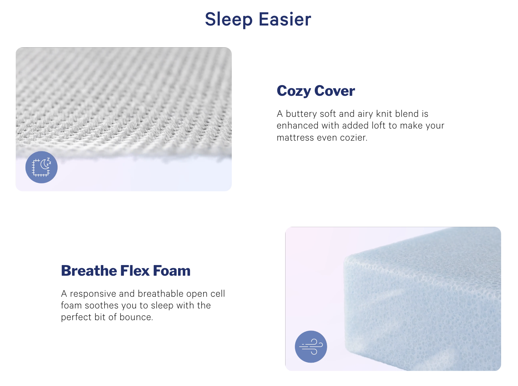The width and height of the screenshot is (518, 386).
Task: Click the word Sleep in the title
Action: point(229,20)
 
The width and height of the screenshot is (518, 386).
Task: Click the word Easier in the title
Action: point(285,19)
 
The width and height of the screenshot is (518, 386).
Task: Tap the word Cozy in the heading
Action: point(294,91)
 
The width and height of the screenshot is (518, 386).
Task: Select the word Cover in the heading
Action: point(335,91)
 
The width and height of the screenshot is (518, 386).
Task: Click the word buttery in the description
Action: point(301,114)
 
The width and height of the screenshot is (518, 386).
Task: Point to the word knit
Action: point(384,114)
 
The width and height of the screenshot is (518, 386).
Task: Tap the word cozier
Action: point(354,138)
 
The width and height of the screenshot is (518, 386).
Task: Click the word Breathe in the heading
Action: point(89,271)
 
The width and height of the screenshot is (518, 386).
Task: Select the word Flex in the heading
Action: point(135,271)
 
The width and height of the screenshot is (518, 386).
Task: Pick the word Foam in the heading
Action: point(172,271)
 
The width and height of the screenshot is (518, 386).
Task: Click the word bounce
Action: point(136,317)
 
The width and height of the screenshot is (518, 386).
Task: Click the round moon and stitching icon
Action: point(41,167)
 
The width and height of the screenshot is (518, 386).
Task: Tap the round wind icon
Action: point(311,346)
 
